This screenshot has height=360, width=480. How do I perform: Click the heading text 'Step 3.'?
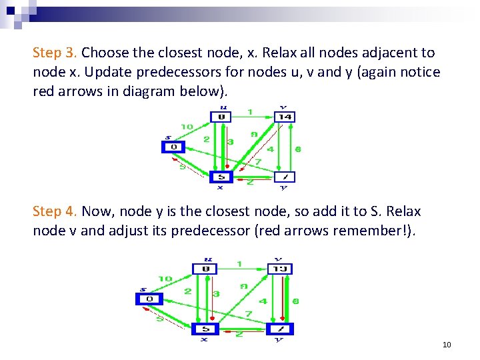pos(55,53)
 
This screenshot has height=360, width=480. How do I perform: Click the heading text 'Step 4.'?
pos(55,212)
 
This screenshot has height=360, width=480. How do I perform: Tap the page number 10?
pos(447,345)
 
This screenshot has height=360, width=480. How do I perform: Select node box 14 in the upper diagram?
pos(285,117)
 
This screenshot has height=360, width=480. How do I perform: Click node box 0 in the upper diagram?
pos(173,147)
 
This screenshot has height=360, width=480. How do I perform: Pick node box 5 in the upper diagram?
pos(221,177)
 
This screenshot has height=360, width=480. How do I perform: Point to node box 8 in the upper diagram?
pos(221,117)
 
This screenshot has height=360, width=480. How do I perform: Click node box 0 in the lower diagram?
pos(149,299)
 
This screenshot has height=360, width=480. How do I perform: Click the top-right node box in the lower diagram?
pos(280,269)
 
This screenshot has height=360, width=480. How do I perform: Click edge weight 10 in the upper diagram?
pos(187,127)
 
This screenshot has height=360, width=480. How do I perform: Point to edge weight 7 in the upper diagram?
pos(258,162)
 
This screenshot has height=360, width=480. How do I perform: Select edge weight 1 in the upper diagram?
pos(250,111)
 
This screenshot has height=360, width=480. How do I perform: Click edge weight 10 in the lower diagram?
pos(164,278)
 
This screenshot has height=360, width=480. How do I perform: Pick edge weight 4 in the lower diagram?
pos(263,301)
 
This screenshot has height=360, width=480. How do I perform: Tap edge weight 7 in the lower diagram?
pos(248,313)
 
